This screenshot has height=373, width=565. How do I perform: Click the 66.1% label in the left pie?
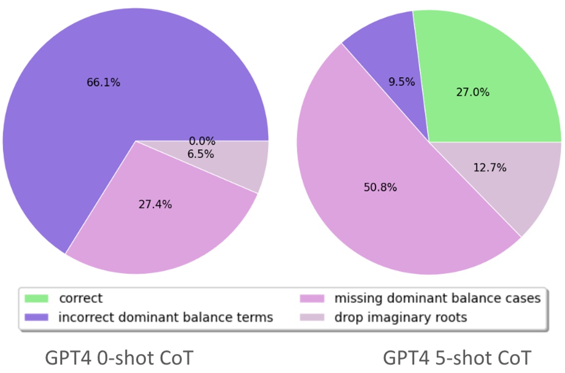pos(103,83)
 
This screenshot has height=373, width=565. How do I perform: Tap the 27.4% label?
pos(155,204)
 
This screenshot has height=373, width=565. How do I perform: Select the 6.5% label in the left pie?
pos(201,154)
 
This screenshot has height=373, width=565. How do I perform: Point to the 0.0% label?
pos(202,141)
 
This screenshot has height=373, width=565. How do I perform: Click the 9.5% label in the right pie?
pos(401,82)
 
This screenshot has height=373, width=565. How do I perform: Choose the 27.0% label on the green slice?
pos(472,92)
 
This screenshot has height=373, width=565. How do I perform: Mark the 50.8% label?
pos(380,188)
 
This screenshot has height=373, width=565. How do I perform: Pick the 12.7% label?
pos(490,168)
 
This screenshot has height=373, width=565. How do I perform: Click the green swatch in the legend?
pos(37,299)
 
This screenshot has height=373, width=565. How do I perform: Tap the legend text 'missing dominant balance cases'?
pos(437,299)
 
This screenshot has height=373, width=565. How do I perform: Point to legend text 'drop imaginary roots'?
pos(400,317)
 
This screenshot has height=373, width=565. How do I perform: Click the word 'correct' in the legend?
pos(80,299)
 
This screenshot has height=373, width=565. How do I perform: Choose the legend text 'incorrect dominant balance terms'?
pos(166,317)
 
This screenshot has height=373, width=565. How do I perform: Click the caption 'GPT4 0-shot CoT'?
pos(118,358)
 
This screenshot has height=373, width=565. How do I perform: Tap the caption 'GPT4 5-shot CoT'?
pos(457,358)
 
